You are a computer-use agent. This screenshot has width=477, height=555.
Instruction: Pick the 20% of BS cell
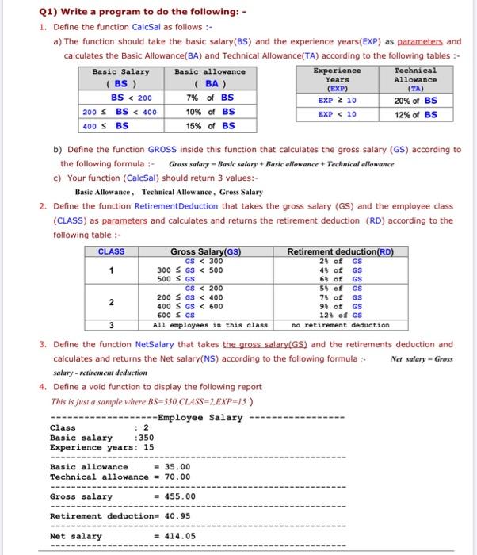415,101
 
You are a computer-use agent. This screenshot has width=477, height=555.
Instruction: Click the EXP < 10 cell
338,114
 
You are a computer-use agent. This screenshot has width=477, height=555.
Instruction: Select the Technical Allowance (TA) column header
415,80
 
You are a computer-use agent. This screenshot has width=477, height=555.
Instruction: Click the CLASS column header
111,251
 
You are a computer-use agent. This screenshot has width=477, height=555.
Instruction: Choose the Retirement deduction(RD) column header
340,251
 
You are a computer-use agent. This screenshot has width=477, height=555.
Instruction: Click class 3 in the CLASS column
111,324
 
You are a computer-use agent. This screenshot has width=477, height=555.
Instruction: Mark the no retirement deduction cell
340,324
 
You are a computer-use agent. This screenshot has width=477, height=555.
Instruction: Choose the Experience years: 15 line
101,446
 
